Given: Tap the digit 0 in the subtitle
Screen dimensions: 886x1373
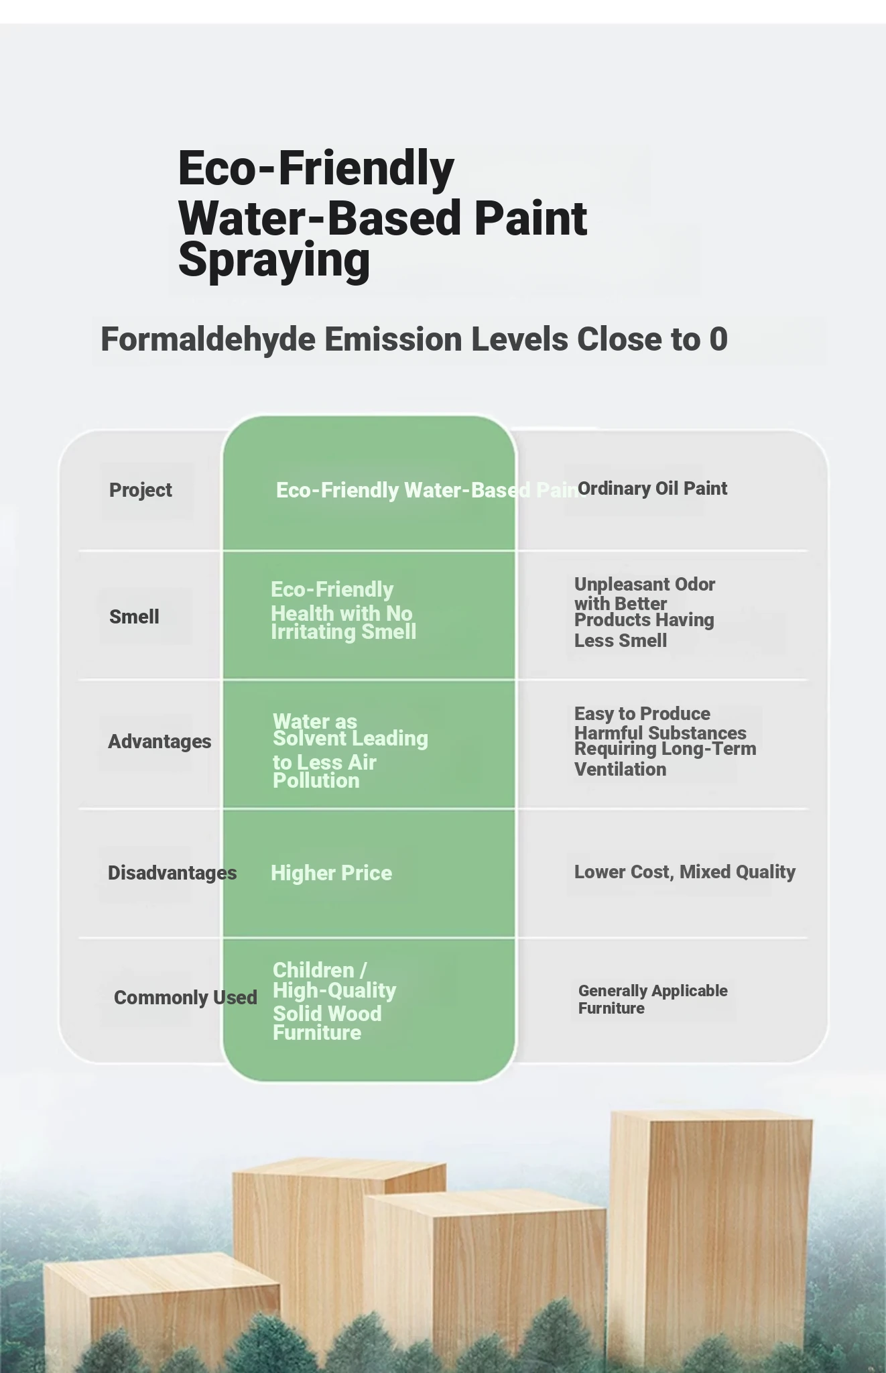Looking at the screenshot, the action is point(718,339).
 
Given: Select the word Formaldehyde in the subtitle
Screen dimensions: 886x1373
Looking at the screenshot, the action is point(208,339).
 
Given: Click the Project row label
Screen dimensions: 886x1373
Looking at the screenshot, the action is point(141,490).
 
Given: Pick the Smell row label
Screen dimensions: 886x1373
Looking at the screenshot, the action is point(134,617).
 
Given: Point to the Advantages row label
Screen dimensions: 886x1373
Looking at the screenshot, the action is point(160,741).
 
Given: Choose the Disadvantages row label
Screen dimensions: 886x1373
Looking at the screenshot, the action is point(172,873).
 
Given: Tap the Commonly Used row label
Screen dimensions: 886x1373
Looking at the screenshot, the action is point(186,998).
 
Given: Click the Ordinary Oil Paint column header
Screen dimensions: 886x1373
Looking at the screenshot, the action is point(652,489).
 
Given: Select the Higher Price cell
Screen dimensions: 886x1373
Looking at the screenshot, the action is point(331,873).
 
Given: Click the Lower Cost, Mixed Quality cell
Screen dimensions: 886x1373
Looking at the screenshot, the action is point(685,872).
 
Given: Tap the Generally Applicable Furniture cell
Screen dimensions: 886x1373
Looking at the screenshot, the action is point(653,1000).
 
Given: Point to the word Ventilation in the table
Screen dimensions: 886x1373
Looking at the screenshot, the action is point(621,770).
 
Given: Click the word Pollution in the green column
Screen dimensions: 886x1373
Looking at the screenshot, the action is point(316,781).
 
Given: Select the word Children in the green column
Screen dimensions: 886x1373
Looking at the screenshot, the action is point(314,970).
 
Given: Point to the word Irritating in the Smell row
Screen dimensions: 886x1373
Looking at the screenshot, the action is point(313,632).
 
